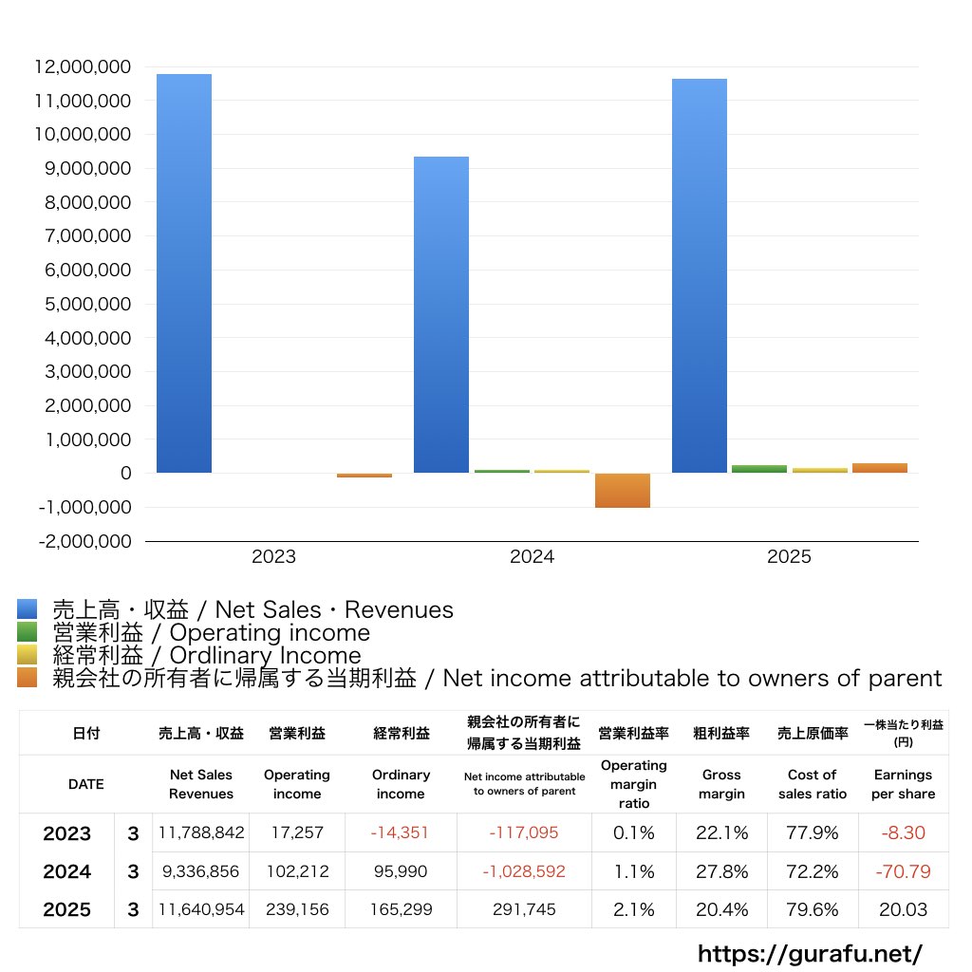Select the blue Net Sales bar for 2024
click(441, 314)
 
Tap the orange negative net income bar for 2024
click(623, 491)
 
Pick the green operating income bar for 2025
click(758, 468)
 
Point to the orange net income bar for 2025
click(879, 467)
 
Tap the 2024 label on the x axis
click(532, 557)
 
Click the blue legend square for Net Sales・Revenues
click(27, 609)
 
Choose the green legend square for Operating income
click(27, 632)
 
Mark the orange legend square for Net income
click(27, 678)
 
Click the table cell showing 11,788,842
click(201, 833)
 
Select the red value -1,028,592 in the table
click(524, 871)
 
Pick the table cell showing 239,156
click(296, 909)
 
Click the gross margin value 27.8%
click(721, 871)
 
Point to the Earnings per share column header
click(903, 784)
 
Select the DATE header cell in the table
click(86, 784)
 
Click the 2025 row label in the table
click(67, 909)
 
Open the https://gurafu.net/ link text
click(810, 953)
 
